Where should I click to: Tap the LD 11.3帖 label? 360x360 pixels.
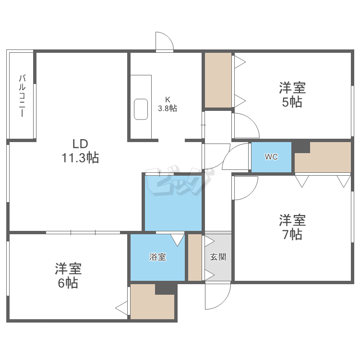(x=80, y=150)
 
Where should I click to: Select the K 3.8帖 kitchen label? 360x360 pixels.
(x=168, y=105)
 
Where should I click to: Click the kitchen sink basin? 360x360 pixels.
(x=141, y=109)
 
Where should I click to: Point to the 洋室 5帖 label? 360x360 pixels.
(x=292, y=95)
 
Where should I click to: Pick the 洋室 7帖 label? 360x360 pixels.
(x=292, y=228)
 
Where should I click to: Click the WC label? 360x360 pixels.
(x=271, y=156)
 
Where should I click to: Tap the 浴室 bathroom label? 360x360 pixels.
(x=157, y=257)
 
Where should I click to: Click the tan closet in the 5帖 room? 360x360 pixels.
(x=218, y=80)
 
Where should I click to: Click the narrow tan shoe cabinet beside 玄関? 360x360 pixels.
(x=194, y=257)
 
